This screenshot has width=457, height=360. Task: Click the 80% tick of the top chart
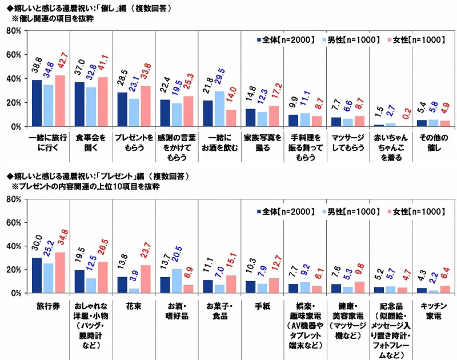[x=14, y=31]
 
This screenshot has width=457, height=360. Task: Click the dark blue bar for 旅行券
[x=37, y=275]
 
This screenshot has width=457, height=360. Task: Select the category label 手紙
[x=262, y=306]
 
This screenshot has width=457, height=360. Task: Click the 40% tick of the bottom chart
[x=14, y=246]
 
